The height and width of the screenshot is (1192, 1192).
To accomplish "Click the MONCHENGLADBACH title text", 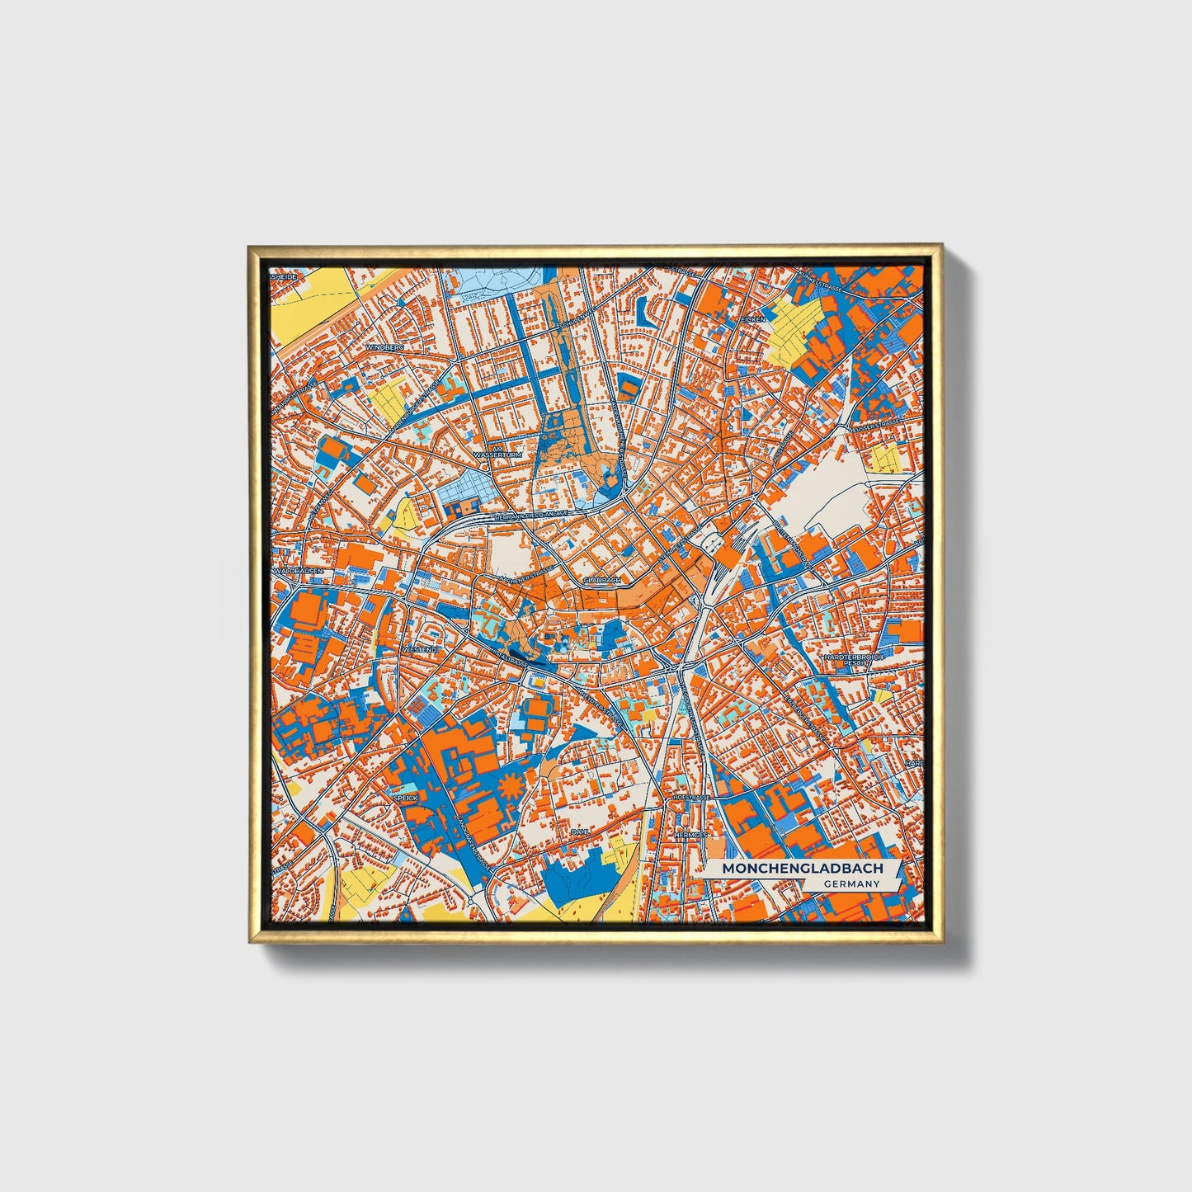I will tap(802, 869).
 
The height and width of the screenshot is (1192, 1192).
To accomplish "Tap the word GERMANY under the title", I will tap(850, 884).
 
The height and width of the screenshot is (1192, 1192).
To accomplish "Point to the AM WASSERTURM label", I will tap(494, 456).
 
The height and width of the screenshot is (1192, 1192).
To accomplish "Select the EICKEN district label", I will tap(754, 318).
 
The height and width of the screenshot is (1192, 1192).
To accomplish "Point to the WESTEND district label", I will tap(420, 650).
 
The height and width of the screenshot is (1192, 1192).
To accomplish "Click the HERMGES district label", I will tap(690, 835).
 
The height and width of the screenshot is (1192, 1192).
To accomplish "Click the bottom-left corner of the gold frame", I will tap(250, 940).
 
